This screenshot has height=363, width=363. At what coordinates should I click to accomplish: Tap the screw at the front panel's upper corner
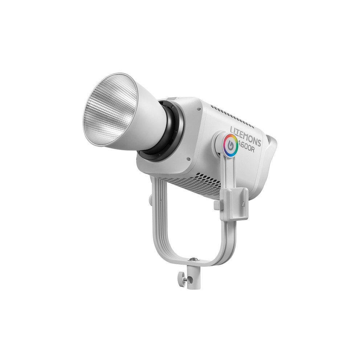coord(199,109)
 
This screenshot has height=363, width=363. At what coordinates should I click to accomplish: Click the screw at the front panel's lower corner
coord(188,159)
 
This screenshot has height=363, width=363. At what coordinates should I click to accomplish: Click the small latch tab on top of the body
coord(172,98)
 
